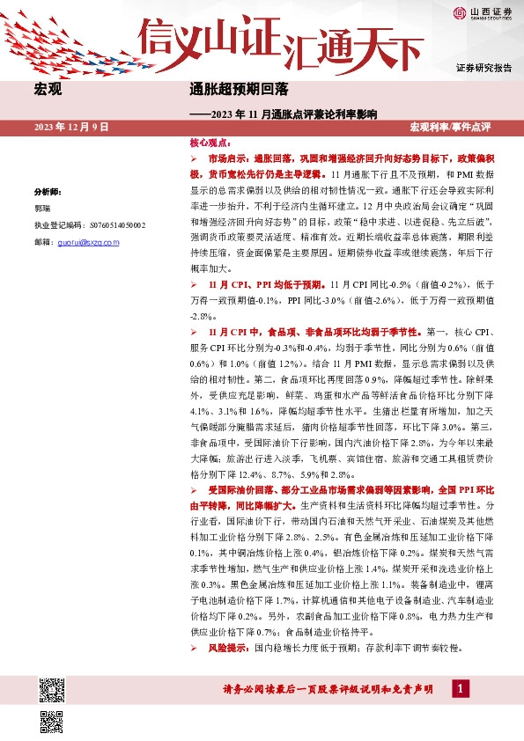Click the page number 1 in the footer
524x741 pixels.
(459, 689)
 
